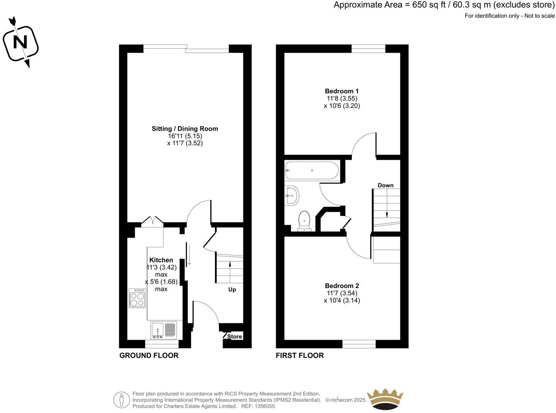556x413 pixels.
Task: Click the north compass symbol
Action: coord(21,42)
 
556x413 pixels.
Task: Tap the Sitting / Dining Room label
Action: coord(185,129)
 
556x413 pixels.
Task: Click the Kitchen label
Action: coord(161,260)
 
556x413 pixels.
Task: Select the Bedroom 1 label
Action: coord(341,91)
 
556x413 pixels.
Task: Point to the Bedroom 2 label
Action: coord(341,286)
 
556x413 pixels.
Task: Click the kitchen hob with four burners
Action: coord(137,298)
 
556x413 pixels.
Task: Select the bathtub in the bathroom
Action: coord(311,170)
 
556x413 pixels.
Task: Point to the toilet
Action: coord(305,221)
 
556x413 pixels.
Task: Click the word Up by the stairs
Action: coord(232,290)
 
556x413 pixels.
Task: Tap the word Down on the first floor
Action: coord(385,185)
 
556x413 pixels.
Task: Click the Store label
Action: coord(235,337)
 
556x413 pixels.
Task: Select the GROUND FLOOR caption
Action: coord(149,356)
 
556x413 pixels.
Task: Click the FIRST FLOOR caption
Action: coord(300,356)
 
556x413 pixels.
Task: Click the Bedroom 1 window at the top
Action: coord(368,47)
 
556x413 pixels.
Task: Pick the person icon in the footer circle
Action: coord(122,400)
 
